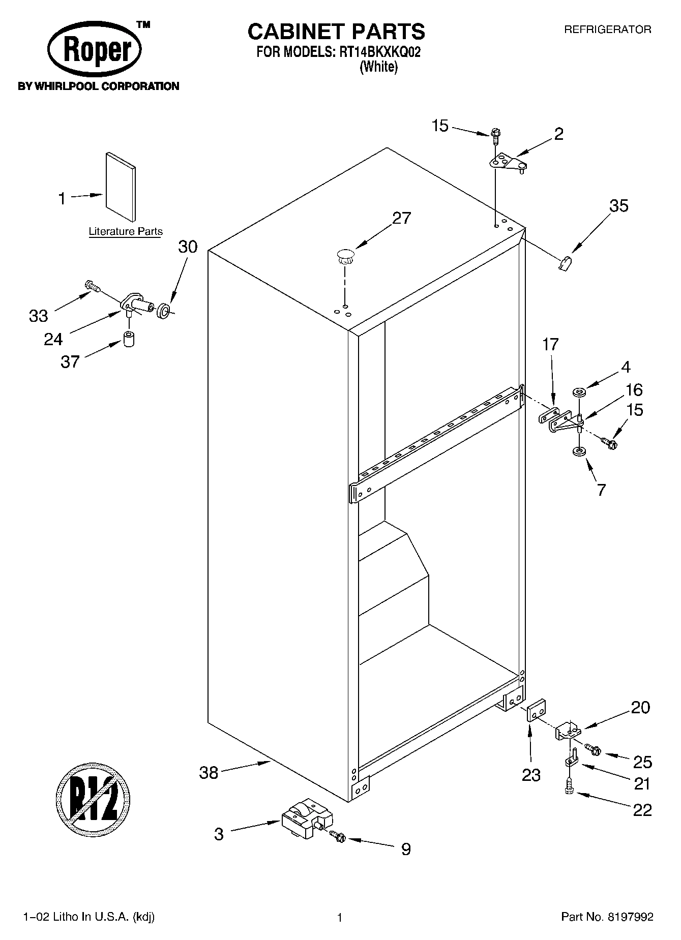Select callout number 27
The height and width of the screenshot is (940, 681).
tap(401, 218)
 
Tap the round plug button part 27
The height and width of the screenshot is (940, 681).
tap(345, 255)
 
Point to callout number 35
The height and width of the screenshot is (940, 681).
tap(618, 206)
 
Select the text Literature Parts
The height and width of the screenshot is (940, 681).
tap(126, 232)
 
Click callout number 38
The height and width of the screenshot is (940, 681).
tap(209, 773)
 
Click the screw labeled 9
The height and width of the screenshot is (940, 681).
tap(337, 835)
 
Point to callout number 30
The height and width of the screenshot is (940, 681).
tap(188, 247)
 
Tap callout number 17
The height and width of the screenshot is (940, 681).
tap(550, 345)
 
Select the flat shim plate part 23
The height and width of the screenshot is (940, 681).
tap(536, 710)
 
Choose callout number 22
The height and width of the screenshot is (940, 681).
tap(642, 810)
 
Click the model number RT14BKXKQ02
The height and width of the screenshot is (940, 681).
tap(378, 52)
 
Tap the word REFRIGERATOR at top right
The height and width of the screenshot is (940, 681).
tap(607, 29)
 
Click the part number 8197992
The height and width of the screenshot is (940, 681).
tap(630, 917)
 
